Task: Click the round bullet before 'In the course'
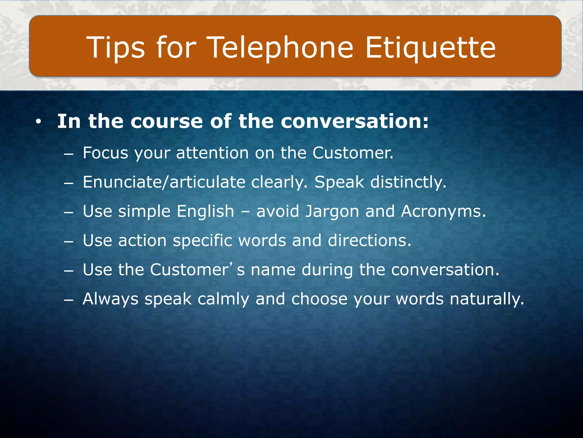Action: [x=38, y=122]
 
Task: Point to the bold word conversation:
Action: [x=354, y=121]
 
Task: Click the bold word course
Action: [x=167, y=121]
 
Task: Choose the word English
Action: [x=205, y=211]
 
